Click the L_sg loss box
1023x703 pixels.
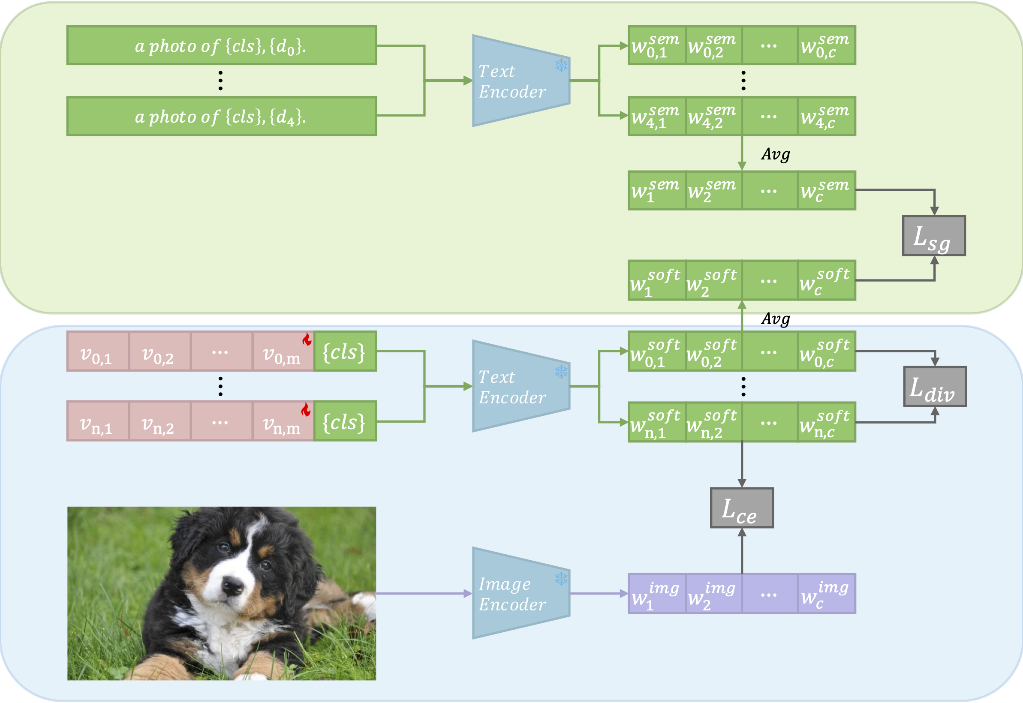[933, 236]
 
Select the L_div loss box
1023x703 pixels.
[935, 387]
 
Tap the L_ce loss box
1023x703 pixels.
[741, 508]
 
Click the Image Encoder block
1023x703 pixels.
[520, 593]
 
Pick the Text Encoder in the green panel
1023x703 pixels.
[520, 81]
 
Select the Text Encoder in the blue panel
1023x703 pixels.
[520, 386]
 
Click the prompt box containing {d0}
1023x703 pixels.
[222, 45]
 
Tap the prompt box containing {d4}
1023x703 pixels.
[222, 116]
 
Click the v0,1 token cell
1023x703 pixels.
[97, 351]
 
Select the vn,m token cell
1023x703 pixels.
[282, 421]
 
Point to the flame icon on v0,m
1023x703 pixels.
[307, 339]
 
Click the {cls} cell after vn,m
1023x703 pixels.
[345, 421]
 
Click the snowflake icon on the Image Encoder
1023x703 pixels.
[561, 578]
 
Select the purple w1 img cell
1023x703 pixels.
[656, 594]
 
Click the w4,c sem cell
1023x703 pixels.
[827, 116]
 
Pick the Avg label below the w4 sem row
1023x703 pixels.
[776, 154]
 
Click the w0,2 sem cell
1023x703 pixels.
[713, 45]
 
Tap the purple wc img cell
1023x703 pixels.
[827, 594]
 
